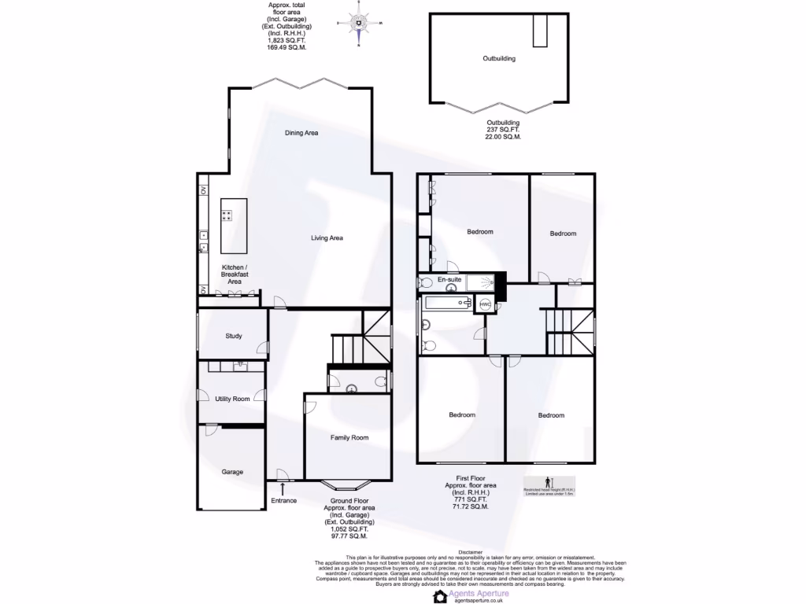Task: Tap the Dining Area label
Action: point(301,133)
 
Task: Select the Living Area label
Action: point(326,238)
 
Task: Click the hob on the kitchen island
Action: point(227,215)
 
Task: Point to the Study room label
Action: point(233,336)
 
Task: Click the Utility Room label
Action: point(232,399)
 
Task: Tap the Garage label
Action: point(231,472)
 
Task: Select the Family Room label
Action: point(349,437)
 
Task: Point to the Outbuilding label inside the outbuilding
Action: point(499,58)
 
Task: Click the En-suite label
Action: point(449,279)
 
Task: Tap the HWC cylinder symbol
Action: point(485,304)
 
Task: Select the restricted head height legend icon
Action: point(549,482)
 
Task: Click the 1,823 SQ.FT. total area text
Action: point(287,40)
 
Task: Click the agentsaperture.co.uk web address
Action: point(479,600)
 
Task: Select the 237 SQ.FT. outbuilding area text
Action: point(503,130)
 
